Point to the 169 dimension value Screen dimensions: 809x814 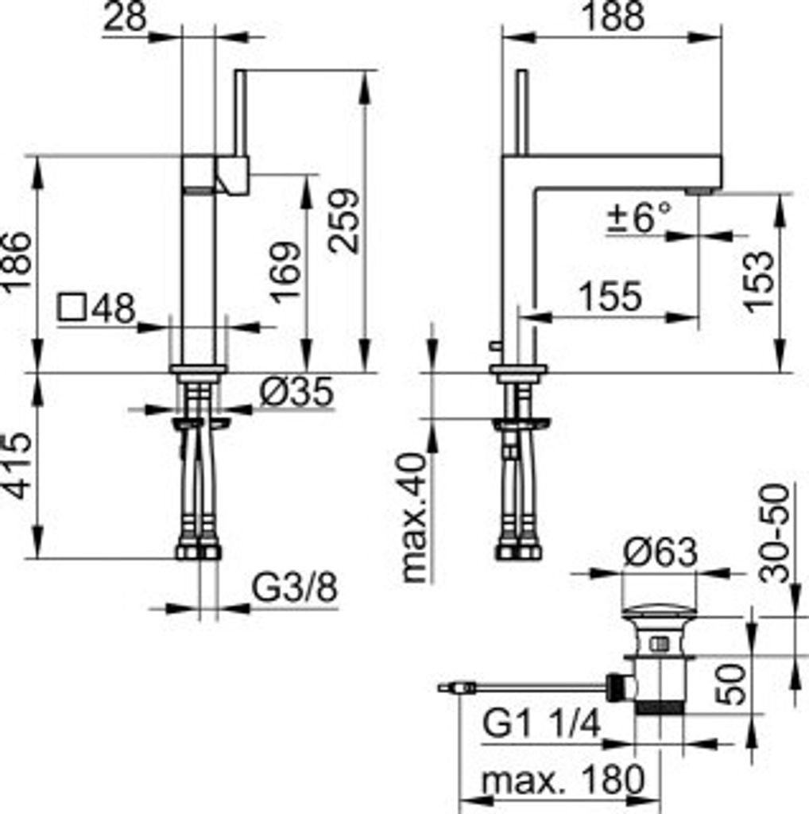tap(285, 272)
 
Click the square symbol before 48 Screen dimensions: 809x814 tap(72, 308)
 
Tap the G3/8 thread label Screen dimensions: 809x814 tap(294, 587)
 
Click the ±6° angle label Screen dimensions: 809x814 tap(640, 216)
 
